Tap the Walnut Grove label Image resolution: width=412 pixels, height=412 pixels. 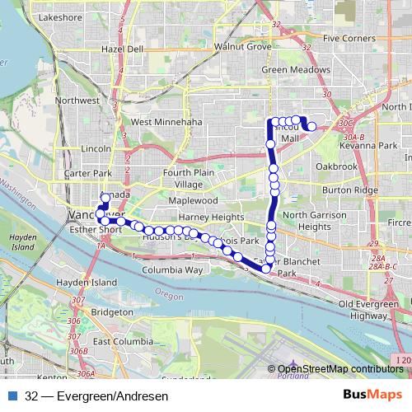[x=242, y=47]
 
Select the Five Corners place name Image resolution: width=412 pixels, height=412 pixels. [x=349, y=39]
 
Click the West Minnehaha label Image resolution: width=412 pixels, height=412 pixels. [x=166, y=122]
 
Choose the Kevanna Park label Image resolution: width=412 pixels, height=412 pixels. [x=370, y=145]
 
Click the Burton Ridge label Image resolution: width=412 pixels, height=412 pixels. [x=349, y=190]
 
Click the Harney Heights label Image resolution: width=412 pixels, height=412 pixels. [x=211, y=217]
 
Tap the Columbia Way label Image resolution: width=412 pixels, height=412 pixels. [x=172, y=269]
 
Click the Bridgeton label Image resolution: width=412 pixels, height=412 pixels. [x=113, y=312]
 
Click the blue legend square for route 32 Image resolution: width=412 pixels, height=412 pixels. [x=12, y=396]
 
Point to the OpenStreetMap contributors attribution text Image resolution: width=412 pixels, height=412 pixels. [x=340, y=369]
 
